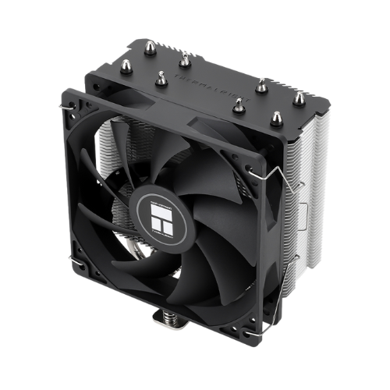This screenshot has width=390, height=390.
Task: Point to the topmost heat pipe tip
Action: tap(185, 56)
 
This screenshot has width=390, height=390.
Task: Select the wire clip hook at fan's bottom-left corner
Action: tap(73, 257)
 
